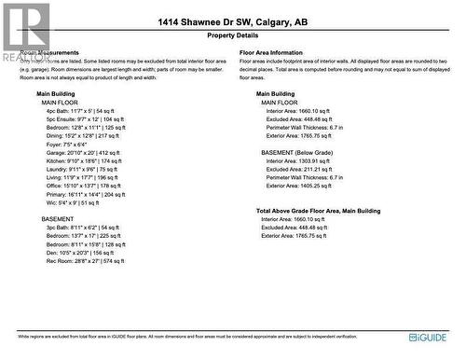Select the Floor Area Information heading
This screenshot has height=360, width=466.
tap(271, 53)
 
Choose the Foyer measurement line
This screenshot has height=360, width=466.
tap(66, 145)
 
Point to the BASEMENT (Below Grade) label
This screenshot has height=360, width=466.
tap(298, 152)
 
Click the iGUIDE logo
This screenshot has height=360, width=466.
tap(428, 337)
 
